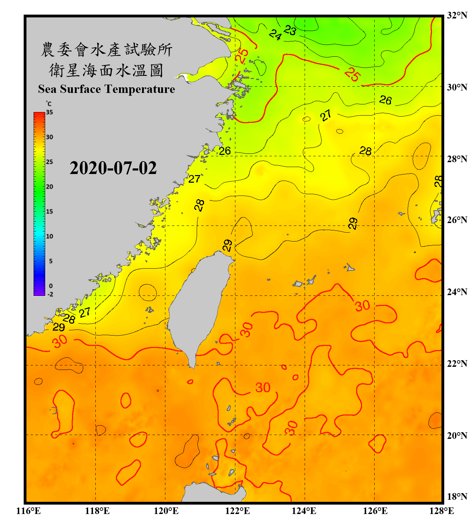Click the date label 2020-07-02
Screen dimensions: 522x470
[x=113, y=168]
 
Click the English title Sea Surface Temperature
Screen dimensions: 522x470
[x=107, y=89]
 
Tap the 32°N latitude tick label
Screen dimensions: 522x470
[x=457, y=15]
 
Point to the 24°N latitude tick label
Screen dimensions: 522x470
[x=457, y=292]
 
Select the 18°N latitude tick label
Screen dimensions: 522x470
[x=457, y=497]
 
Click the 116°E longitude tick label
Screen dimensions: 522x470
[x=29, y=511]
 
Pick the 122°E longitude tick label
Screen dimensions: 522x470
[x=237, y=511]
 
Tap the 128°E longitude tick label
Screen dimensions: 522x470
[x=441, y=511]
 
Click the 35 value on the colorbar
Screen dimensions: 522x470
[x=49, y=112]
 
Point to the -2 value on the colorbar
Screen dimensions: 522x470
[x=50, y=294]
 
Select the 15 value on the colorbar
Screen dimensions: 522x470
[x=49, y=212]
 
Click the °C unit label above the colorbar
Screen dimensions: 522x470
[x=49, y=104]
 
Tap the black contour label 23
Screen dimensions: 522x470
[x=290, y=31]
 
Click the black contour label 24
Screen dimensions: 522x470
[x=275, y=35]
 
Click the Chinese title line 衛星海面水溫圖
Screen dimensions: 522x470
[x=106, y=70]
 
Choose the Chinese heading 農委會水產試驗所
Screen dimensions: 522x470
[x=107, y=49]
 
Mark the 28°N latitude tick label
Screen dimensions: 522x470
[x=457, y=159]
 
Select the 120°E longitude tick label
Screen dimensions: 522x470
[x=166, y=511]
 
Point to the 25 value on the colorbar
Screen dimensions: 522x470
[x=49, y=162]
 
